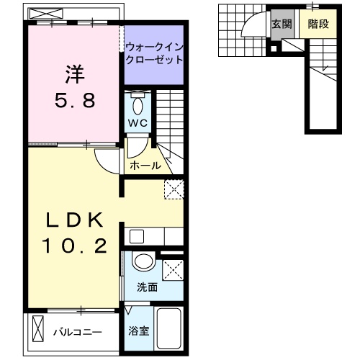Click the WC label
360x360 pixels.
[138, 122]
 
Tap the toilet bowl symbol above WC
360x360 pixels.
[138, 102]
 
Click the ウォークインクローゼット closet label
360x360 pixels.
[154, 55]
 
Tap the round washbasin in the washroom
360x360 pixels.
[143, 263]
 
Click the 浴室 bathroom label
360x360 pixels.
[138, 332]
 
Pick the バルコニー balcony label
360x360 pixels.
[78, 333]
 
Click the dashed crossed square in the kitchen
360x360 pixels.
[173, 189]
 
